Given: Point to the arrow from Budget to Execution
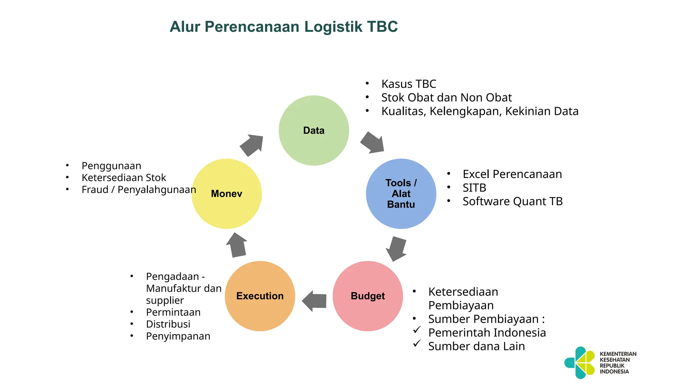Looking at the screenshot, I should (315, 301).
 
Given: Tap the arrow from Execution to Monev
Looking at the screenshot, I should (237, 245).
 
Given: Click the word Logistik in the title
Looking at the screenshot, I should (333, 27).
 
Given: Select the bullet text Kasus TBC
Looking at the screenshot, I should (408, 84).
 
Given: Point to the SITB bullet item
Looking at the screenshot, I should (474, 188).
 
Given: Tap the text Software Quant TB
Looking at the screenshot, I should (512, 201).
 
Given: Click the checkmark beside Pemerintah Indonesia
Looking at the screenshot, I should (416, 330).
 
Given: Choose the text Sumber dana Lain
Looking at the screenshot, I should (476, 346).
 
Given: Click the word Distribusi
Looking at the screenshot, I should (168, 324).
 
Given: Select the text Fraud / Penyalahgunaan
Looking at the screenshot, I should (139, 190).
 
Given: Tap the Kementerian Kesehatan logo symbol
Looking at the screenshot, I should (580, 363).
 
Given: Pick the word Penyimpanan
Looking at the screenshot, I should (178, 336).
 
